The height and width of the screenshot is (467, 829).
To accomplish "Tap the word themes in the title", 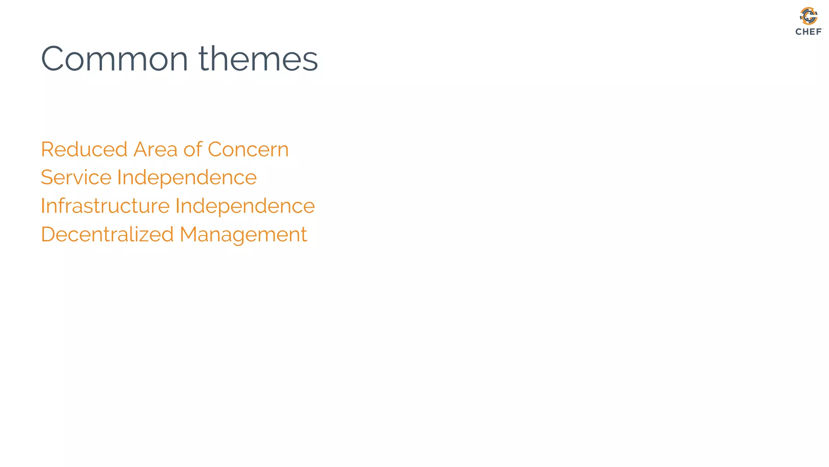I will pos(258,59).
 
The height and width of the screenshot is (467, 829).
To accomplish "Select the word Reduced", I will pos(84,150).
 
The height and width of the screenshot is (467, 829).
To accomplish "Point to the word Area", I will pos(155,150).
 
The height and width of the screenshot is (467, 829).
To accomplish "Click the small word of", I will pos(193,150).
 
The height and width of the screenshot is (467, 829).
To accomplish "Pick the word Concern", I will pos(248,150).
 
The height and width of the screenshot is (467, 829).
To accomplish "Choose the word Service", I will pos(76,178).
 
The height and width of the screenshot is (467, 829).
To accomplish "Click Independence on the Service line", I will pos(187,178).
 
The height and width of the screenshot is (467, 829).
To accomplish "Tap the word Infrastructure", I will pos(105,206).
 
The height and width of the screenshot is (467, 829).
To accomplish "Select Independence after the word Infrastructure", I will pos(245,206).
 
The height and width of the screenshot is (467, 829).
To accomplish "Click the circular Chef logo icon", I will pos(808,16).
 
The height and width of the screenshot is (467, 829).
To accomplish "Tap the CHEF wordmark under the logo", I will pos(808,32).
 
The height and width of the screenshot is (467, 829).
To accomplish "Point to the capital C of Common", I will pos(54,59).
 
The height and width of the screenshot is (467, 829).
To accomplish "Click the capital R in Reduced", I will pos(48,150).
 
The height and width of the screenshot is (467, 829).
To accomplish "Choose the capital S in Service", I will pos(47,178).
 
